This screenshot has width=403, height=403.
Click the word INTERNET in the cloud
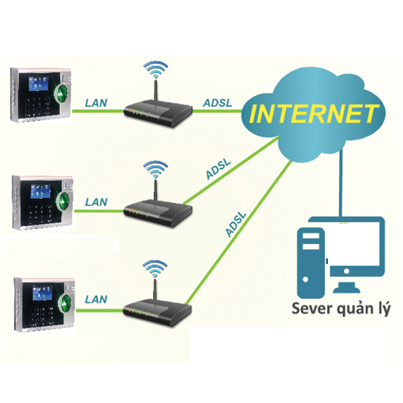312,113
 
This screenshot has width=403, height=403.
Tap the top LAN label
97,103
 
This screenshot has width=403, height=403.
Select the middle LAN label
96,201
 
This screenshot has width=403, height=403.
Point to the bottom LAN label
96,298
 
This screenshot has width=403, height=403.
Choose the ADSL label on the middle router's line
220,173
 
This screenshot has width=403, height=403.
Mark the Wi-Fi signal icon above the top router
157,69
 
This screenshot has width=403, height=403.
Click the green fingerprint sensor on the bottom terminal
65,300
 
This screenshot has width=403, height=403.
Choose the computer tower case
311,262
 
